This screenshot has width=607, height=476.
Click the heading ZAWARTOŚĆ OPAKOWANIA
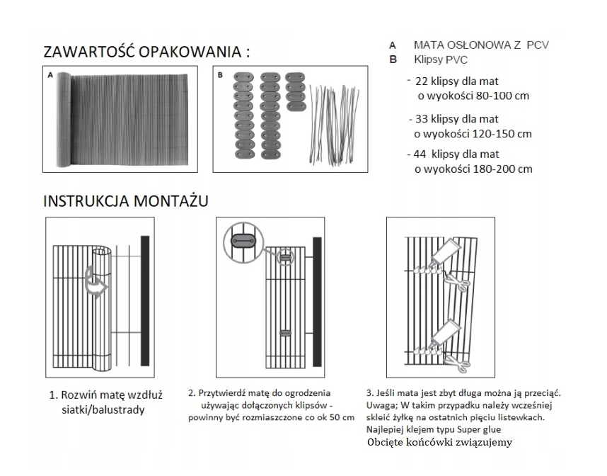point(147,52)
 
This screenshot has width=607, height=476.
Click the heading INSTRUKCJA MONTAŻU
point(126,201)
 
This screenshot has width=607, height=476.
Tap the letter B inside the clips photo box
point(220,74)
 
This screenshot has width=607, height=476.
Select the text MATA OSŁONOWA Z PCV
point(481,45)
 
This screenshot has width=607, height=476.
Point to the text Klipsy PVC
point(440,60)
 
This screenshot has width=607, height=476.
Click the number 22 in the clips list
point(422,81)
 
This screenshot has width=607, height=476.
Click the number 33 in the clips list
point(422,118)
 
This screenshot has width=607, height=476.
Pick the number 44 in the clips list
point(421,154)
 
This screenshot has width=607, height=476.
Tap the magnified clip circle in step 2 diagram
point(243,242)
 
